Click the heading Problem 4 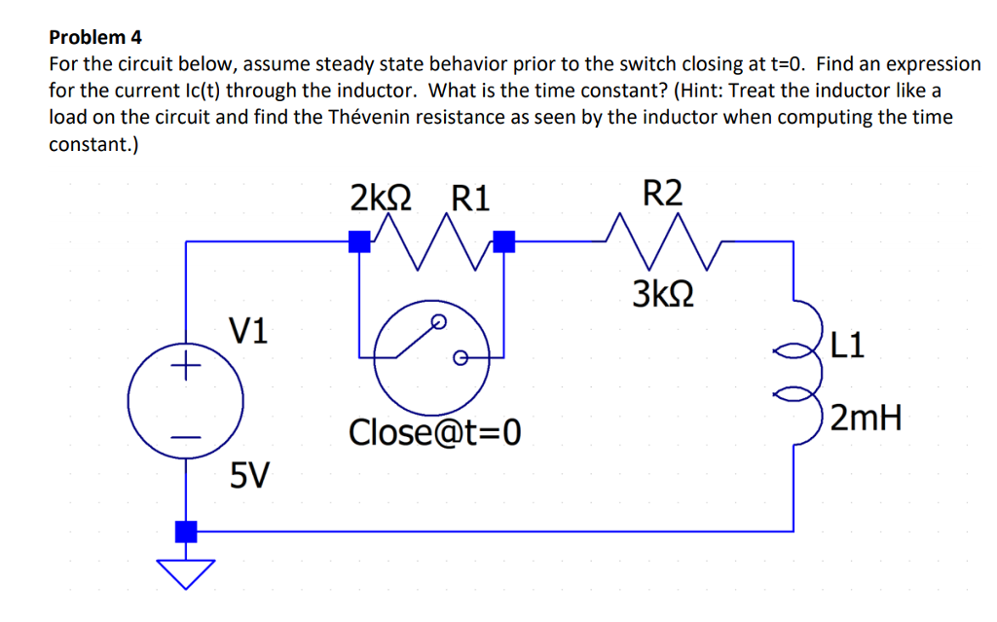95,38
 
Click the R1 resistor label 471,199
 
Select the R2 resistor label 663,192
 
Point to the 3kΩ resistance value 663,292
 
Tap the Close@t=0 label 435,430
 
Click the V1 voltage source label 250,331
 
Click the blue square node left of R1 359,240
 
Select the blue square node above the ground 185,531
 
